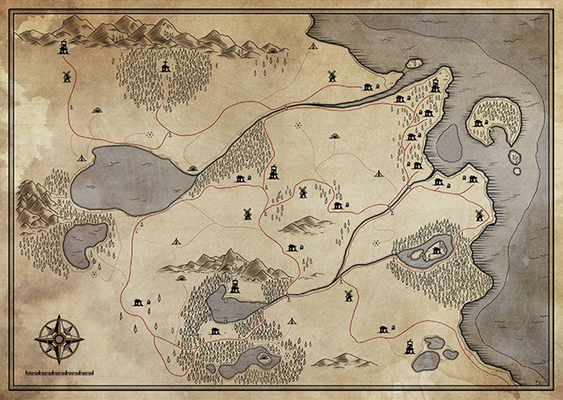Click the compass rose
pyautogui.click(x=59, y=339)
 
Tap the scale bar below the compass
pyautogui.click(x=59, y=372)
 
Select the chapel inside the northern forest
pyautogui.click(x=165, y=66)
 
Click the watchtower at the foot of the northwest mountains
pyautogui.click(x=64, y=47)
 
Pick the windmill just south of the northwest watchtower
pyautogui.click(x=67, y=76)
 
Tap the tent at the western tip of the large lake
pyautogui.click(x=81, y=157)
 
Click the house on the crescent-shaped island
pyautogui.click(x=478, y=123)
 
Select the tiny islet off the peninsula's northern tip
pyautogui.click(x=414, y=63)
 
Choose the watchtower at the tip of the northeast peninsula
pyautogui.click(x=435, y=85)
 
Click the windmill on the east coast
pyautogui.click(x=479, y=214)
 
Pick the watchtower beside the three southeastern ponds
pyautogui.click(x=410, y=347)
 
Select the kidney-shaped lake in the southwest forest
pyautogui.click(x=83, y=244)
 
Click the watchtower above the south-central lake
pyautogui.click(x=235, y=286)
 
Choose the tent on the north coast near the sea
pyautogui.click(x=313, y=46)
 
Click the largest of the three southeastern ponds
pyautogui.click(x=425, y=361)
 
